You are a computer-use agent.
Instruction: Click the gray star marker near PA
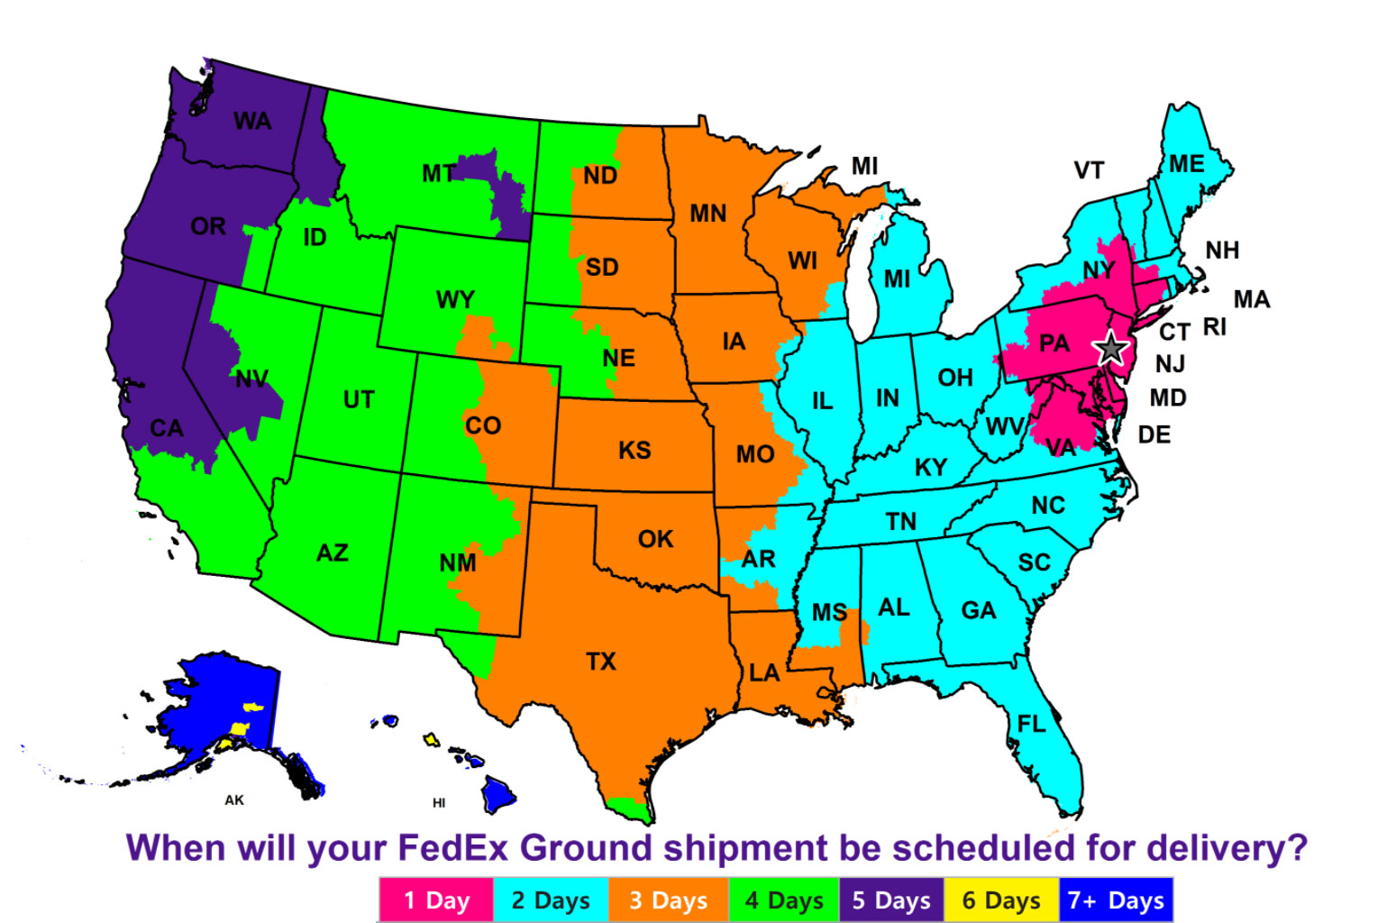click(x=1110, y=348)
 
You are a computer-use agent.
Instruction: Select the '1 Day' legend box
click(x=436, y=900)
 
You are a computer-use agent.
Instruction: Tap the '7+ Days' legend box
click(x=1116, y=900)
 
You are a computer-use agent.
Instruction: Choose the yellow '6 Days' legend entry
click(x=1000, y=900)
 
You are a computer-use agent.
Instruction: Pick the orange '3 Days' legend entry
click(x=668, y=900)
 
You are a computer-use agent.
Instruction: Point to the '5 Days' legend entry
click(x=890, y=900)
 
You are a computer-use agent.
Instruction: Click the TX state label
click(x=601, y=662)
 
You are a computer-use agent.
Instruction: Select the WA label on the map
click(x=252, y=121)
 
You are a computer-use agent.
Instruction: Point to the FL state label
click(x=1032, y=724)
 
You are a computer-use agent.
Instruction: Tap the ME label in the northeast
click(x=1187, y=164)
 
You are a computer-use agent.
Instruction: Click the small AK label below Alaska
click(x=234, y=800)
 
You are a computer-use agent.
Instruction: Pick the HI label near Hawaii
click(x=439, y=803)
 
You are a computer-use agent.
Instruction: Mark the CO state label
click(x=483, y=425)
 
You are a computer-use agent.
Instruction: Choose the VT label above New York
click(x=1089, y=170)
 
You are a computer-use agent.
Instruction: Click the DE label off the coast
click(x=1154, y=434)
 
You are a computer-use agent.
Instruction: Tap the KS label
click(x=634, y=450)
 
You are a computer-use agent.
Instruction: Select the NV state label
click(x=252, y=379)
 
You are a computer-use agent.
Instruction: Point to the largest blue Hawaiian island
click(x=497, y=793)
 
